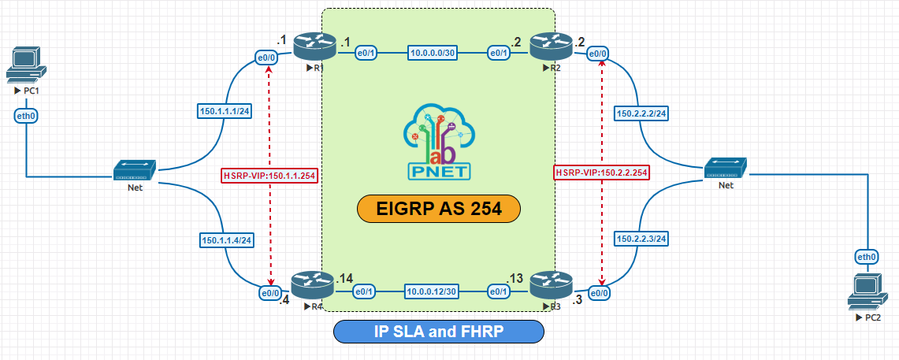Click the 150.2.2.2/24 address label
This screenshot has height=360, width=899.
[640, 113]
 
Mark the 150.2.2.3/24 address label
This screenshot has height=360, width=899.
[640, 237]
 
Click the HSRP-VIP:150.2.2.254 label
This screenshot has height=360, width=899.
[602, 172]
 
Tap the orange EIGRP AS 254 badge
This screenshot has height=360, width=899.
[439, 209]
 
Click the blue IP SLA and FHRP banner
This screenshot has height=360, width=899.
[439, 332]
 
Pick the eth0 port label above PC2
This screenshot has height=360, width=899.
[867, 257]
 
